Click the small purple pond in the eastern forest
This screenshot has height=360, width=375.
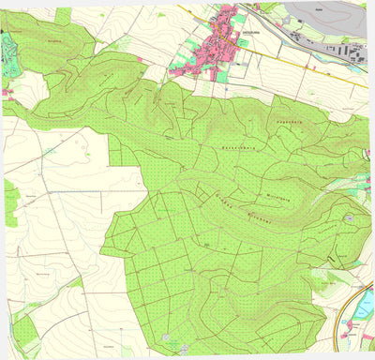[x=348, y=217]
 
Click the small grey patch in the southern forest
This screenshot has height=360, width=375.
[x=167, y=337]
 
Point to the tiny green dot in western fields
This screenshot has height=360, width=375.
[x=47, y=149]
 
